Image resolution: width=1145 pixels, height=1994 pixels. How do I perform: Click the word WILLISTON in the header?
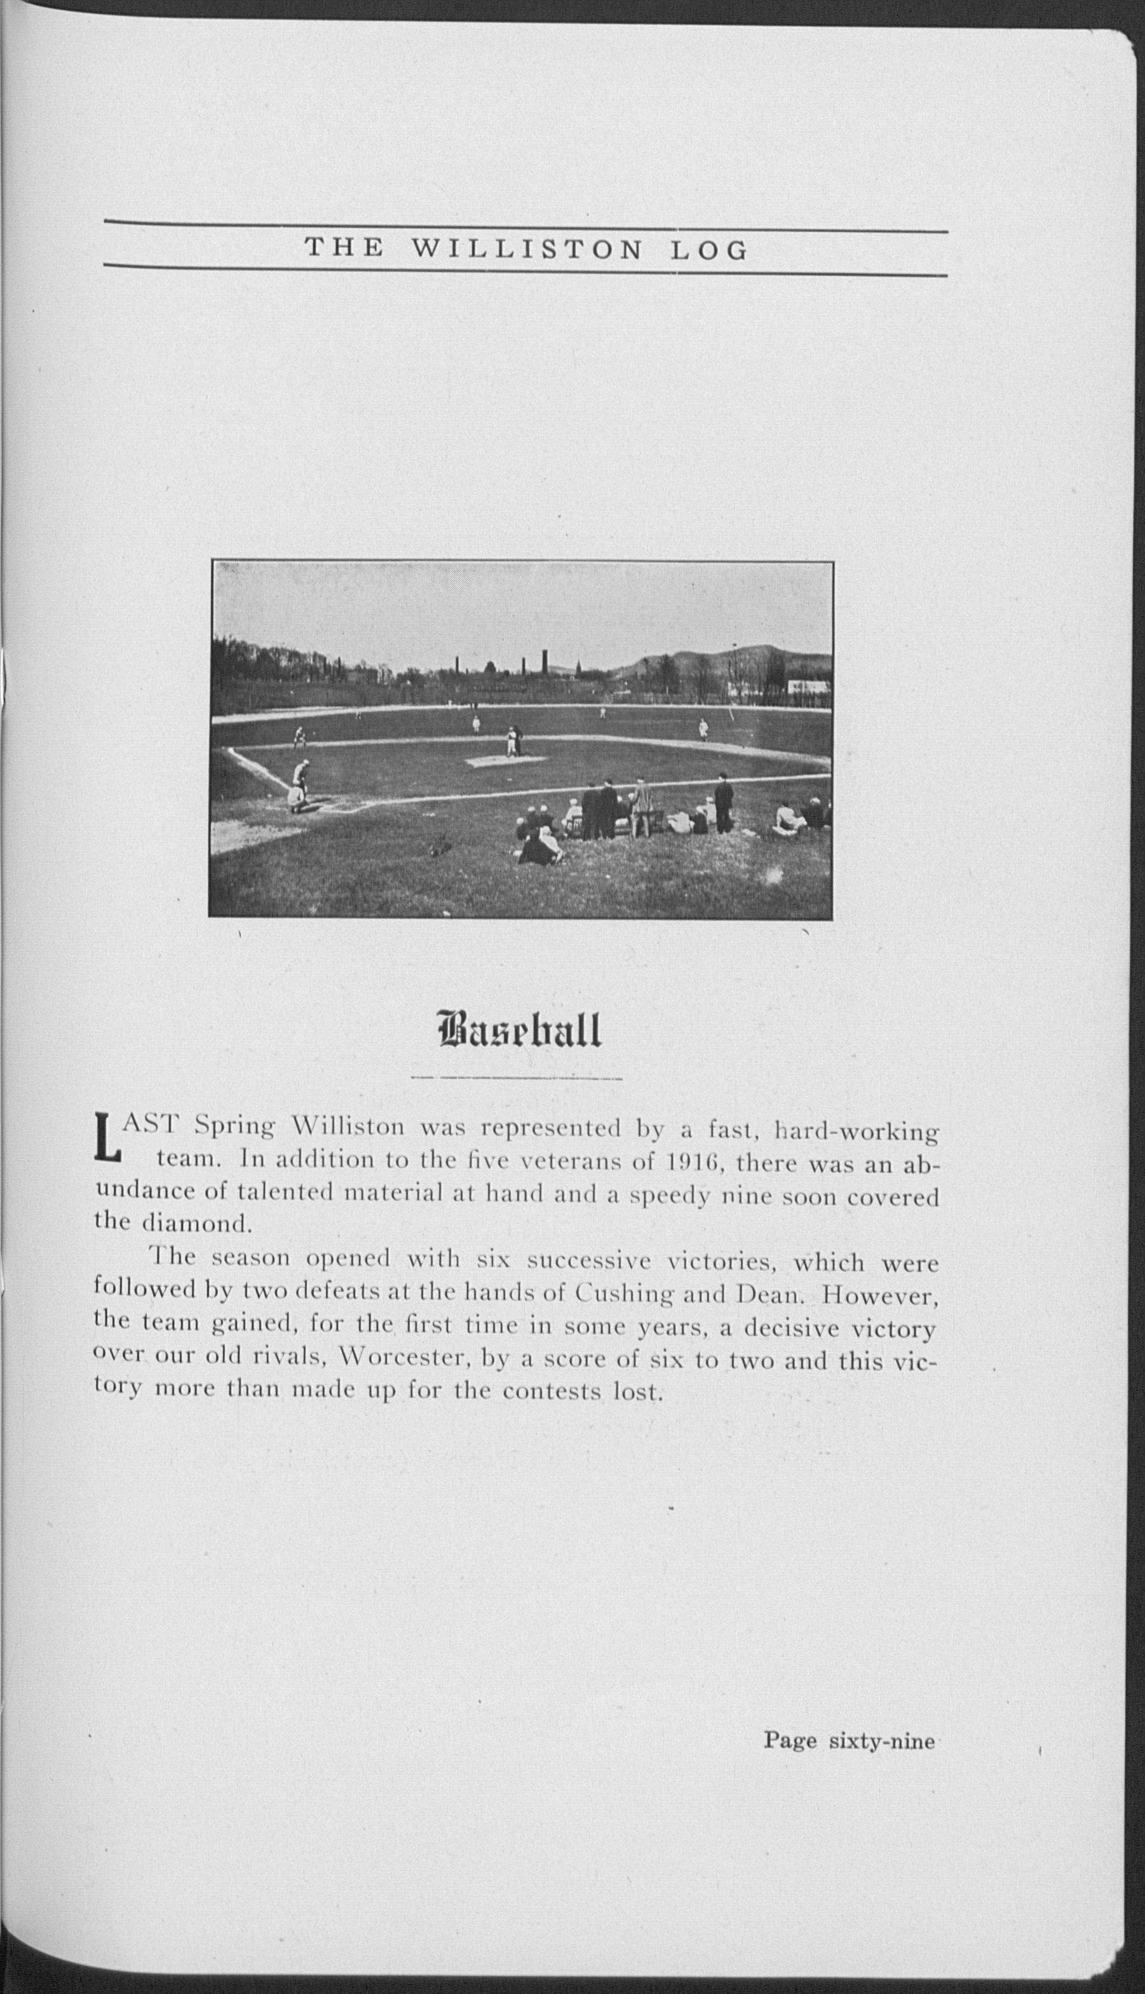coord(527,250)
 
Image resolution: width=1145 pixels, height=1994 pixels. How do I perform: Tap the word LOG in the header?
coord(708,250)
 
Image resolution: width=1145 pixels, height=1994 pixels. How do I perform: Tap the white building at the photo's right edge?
coord(810,686)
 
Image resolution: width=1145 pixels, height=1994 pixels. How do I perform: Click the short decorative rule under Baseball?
coord(517,1077)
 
